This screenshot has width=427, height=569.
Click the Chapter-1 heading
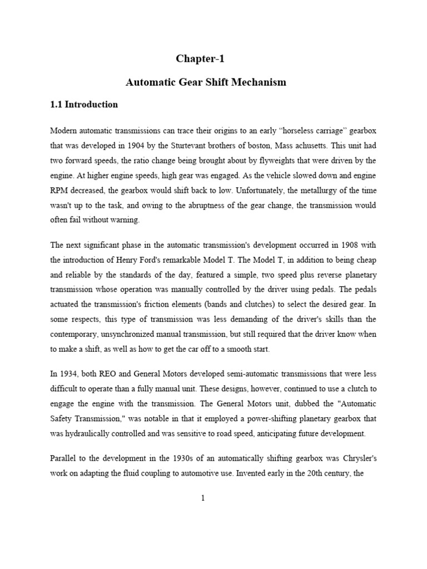[201, 58]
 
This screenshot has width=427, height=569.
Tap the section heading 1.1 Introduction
[84, 104]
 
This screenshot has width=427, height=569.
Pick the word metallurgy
[329, 191]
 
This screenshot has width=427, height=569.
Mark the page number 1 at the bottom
[203, 498]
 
